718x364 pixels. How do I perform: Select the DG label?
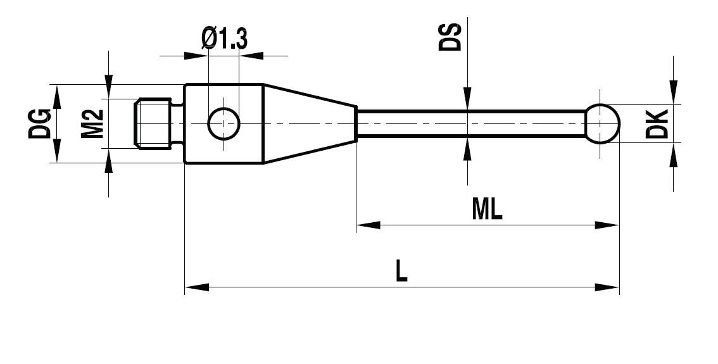(x=39, y=123)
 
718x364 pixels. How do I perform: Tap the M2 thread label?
(x=93, y=123)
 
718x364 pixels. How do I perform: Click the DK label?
(x=658, y=123)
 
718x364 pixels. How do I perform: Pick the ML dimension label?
(x=487, y=210)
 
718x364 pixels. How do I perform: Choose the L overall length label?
(x=401, y=272)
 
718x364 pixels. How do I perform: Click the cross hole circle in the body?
(x=224, y=123)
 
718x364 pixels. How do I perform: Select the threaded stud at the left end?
(x=154, y=123)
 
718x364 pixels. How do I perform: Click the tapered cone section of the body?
(x=309, y=123)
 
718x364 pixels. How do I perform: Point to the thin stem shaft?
(x=469, y=123)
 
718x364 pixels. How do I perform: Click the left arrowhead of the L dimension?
(x=196, y=287)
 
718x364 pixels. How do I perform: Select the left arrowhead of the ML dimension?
(x=368, y=225)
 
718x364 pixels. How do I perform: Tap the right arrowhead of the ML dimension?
(x=607, y=225)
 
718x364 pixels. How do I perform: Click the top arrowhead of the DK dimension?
(x=674, y=92)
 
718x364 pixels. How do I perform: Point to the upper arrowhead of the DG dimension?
(x=56, y=96)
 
